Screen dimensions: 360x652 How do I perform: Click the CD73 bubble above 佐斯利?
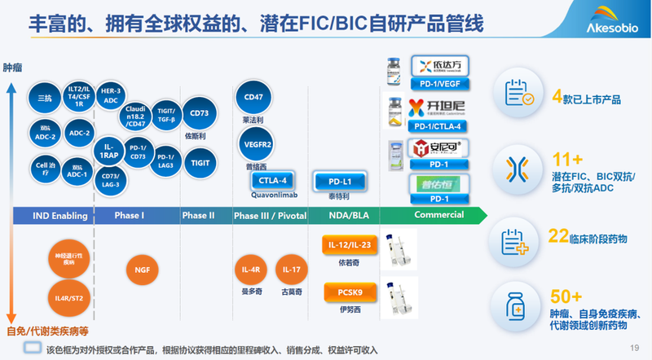(199, 114)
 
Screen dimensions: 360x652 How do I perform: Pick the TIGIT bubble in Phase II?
(199, 162)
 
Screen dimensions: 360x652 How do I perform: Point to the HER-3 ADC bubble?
(110, 95)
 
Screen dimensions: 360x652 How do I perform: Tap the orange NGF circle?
(143, 268)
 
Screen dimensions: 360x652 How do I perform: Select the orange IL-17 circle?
(291, 269)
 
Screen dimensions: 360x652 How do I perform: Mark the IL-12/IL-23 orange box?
(349, 245)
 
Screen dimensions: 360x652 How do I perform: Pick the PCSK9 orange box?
(349, 291)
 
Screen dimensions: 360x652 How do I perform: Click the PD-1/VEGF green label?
(440, 85)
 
